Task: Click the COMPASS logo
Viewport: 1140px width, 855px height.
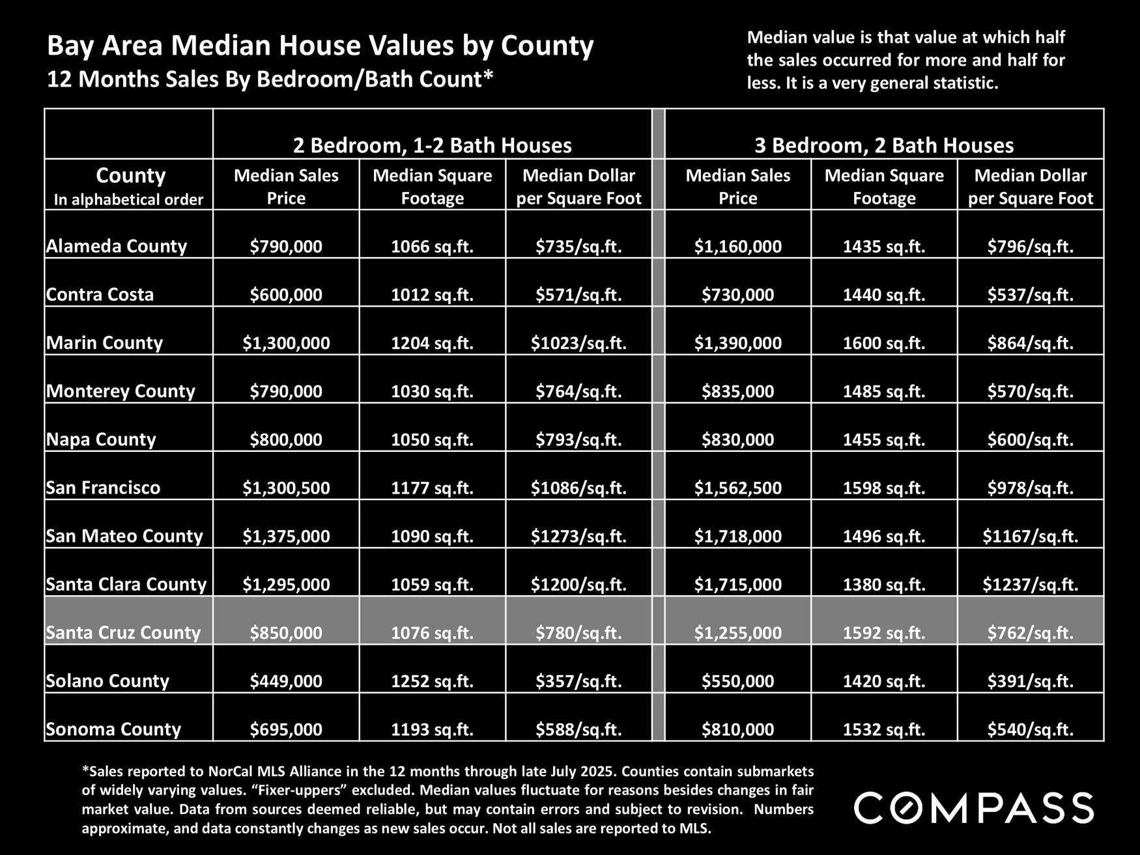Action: point(973,808)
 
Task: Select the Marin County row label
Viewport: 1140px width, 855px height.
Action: point(104,343)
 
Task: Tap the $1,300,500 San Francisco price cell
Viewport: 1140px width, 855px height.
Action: point(286,488)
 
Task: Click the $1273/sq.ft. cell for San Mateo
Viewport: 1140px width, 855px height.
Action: point(578,536)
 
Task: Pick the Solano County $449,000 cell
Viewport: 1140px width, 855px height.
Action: point(286,681)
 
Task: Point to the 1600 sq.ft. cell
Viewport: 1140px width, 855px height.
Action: point(884,343)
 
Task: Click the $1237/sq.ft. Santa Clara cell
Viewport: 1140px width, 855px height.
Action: point(1031,584)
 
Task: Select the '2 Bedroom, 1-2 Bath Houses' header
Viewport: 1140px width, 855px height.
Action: point(432,145)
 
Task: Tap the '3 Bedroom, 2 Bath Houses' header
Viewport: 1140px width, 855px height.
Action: point(884,145)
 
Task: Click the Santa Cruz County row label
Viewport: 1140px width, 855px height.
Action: point(123,632)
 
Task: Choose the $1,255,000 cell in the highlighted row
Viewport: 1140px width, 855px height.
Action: point(737,632)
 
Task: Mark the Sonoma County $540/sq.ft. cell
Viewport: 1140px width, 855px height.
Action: point(1031,729)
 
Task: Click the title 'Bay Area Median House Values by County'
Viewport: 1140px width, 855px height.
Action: point(320,46)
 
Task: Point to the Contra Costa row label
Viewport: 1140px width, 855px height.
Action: point(100,294)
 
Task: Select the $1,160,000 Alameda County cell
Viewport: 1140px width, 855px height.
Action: point(737,247)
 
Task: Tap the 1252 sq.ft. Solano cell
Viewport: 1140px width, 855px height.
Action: point(432,681)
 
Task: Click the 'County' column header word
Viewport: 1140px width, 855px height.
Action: point(130,175)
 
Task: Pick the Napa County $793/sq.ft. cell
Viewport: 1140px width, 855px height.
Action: point(578,440)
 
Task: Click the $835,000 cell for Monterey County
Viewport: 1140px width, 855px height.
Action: point(737,391)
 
